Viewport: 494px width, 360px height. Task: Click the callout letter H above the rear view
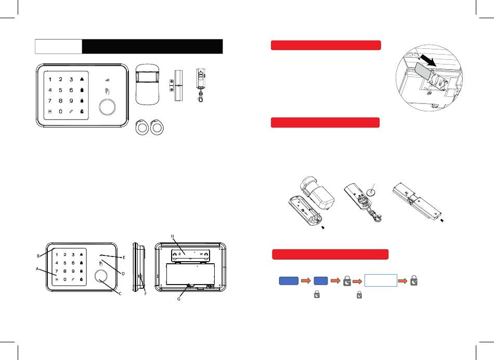pos(172,236)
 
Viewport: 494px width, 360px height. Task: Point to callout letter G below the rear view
pos(179,299)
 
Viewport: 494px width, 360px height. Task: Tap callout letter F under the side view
pos(145,294)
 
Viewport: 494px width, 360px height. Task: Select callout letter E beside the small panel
pos(124,258)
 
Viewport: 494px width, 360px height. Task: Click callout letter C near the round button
pos(120,293)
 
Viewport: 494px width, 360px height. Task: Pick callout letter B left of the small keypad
pos(38,256)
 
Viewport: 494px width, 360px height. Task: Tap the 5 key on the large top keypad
pos(60,90)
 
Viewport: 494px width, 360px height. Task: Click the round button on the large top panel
pos(107,107)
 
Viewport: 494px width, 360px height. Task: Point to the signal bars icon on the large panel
pos(108,80)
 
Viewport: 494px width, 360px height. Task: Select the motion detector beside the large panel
pos(148,84)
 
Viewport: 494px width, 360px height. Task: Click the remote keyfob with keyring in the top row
pos(200,85)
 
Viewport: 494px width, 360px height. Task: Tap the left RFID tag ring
pos(142,127)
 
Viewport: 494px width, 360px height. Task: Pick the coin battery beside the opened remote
pos(373,191)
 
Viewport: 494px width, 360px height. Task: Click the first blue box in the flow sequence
pos(289,280)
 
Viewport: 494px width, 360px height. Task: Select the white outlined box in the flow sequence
pos(381,280)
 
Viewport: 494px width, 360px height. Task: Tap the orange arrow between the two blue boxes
pos(306,280)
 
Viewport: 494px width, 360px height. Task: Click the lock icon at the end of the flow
pos(414,280)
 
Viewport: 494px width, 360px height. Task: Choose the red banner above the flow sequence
pos(330,254)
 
